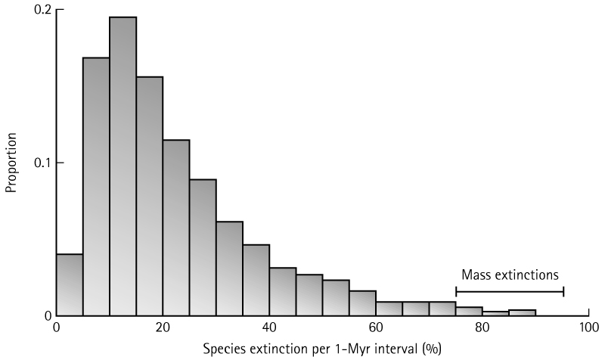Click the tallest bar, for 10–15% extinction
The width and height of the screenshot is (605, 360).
123,166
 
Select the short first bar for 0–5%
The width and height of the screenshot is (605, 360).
70,285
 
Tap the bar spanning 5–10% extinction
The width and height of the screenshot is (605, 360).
96,185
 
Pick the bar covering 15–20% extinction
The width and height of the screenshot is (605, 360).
150,197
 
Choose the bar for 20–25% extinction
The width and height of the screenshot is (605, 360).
176,227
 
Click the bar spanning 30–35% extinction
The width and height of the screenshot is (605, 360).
229,268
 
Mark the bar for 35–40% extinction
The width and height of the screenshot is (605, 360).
256,280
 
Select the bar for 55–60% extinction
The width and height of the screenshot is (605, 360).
362,303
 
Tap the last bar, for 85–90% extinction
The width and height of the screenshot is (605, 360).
522,312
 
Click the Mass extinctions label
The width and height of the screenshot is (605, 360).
510,276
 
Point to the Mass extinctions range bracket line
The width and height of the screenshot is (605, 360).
510,292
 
